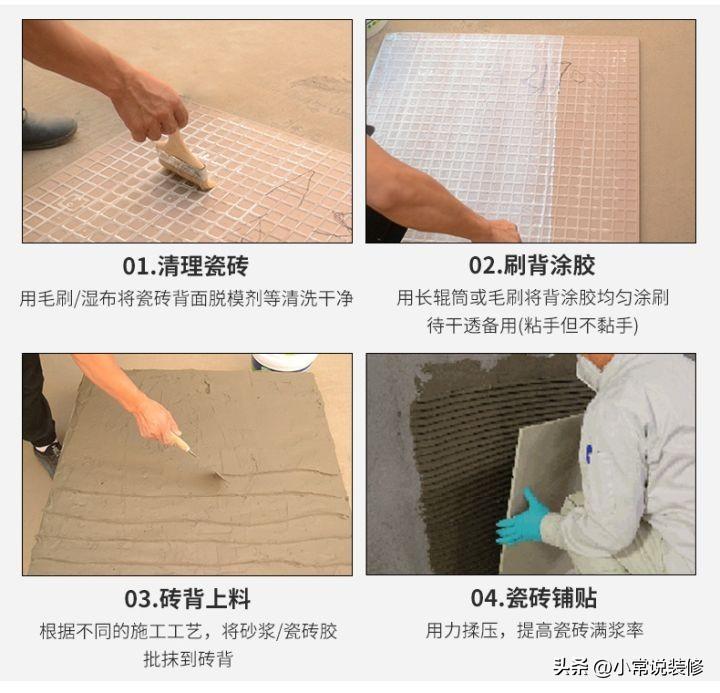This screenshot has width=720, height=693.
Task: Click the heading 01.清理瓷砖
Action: (x=186, y=266)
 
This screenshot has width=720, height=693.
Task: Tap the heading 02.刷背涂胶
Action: (x=532, y=265)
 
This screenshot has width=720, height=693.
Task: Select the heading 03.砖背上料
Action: (x=187, y=599)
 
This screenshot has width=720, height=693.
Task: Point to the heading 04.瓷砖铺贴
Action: (x=534, y=598)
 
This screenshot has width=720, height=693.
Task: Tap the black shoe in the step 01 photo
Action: (x=48, y=130)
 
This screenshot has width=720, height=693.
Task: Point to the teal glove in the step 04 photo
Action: (x=523, y=517)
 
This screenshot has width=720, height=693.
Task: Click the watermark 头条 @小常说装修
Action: (x=628, y=667)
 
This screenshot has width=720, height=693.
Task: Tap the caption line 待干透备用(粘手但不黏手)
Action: (x=532, y=326)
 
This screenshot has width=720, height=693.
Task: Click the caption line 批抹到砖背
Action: (x=188, y=659)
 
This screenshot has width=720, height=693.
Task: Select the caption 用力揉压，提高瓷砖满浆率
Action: (x=534, y=631)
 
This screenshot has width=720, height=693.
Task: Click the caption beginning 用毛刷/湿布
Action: (x=186, y=299)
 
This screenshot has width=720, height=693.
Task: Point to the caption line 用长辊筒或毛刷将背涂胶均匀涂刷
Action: (x=533, y=298)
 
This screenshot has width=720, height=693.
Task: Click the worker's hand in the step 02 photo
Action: (x=503, y=231)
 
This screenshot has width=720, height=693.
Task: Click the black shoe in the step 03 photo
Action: (x=48, y=457)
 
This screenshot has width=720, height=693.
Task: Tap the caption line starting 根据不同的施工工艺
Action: (x=188, y=631)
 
